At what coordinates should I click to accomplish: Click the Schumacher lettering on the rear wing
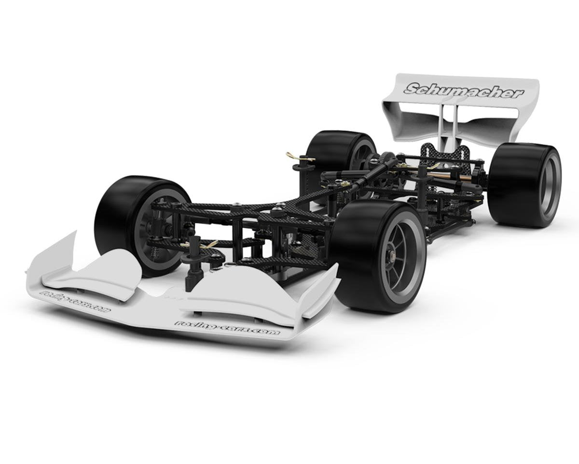[x=463, y=90]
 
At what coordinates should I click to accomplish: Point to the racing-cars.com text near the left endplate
[x=75, y=301]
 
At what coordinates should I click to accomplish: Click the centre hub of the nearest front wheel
[x=392, y=255]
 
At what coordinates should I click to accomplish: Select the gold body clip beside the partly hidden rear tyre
[x=300, y=157]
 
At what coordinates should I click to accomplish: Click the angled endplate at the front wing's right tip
[x=321, y=290]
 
